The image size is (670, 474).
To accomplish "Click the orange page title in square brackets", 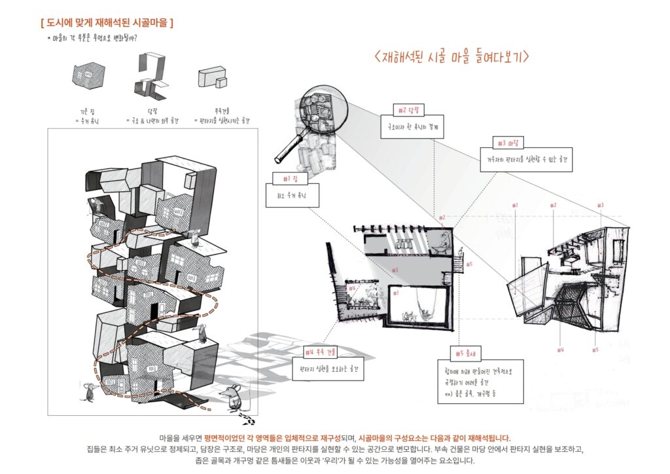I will click(x=107, y=23).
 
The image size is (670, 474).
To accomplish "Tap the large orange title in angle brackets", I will click(x=451, y=57).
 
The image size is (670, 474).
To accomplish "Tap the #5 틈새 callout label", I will click(x=466, y=354).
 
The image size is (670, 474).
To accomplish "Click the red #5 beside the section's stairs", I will click(x=470, y=265).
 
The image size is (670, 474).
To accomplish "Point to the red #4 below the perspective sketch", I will click(x=561, y=350).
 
